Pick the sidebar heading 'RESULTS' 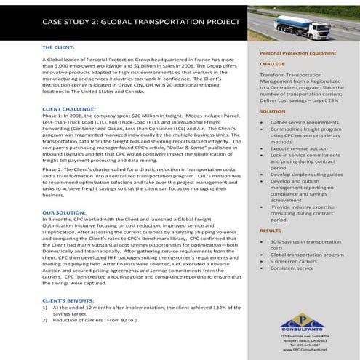pos(271,230)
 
